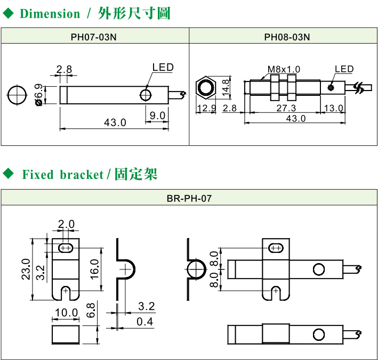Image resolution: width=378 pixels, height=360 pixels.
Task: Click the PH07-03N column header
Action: click(x=94, y=37)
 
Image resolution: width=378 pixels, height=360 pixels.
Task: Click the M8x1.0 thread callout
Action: click(x=284, y=69)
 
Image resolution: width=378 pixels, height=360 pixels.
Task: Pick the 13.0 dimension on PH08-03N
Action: click(x=334, y=109)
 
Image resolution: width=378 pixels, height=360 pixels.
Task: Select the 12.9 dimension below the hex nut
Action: click(x=205, y=109)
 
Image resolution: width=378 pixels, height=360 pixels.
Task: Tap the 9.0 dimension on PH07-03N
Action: click(x=157, y=115)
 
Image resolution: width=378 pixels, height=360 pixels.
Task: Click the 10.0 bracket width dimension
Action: click(x=67, y=313)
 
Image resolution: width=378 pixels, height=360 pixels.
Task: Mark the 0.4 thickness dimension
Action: click(x=144, y=321)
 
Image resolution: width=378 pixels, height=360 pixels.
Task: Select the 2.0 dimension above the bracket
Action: click(x=67, y=224)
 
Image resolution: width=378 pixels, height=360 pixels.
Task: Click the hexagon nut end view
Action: click(x=205, y=86)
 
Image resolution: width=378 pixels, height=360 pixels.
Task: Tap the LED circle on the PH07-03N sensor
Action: click(x=146, y=95)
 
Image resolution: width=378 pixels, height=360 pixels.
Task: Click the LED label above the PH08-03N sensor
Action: click(x=344, y=69)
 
